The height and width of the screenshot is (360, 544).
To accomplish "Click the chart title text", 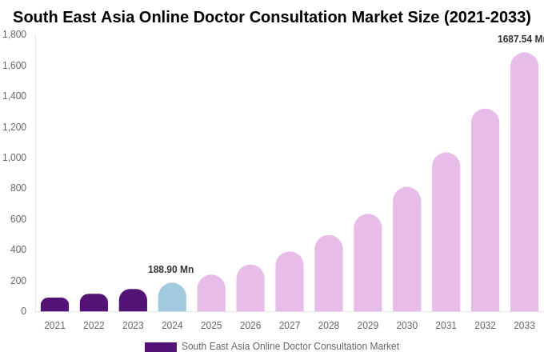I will [272, 17].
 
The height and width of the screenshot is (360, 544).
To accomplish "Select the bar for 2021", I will [54, 305].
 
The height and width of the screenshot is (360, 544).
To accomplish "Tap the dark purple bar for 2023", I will [133, 301].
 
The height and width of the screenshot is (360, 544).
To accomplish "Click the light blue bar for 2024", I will [172, 298].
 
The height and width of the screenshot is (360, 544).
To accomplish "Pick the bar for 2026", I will [250, 288].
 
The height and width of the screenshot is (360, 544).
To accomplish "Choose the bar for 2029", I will [368, 263].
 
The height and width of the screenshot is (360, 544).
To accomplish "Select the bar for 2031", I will [446, 232].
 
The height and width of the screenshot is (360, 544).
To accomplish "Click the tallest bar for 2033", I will [524, 182].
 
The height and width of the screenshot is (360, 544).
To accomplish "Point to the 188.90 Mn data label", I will [170, 270].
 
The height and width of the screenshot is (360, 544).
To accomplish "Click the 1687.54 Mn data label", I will [520, 39].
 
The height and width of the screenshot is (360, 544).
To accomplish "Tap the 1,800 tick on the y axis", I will [14, 34].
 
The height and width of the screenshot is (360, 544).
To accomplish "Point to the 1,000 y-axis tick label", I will [14, 158].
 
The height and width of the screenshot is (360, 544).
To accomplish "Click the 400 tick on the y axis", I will [18, 250].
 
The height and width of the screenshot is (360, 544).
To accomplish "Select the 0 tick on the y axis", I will [23, 311].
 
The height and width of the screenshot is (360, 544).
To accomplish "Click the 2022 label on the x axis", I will [94, 326].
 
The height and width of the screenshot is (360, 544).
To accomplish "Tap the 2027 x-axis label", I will [290, 326].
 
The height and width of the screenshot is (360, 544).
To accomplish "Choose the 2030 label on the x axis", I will [406, 326].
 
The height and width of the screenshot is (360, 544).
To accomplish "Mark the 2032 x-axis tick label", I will [485, 326].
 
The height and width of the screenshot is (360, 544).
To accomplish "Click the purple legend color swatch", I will [160, 347].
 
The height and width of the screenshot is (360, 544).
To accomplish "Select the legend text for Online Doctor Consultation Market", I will [290, 346].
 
